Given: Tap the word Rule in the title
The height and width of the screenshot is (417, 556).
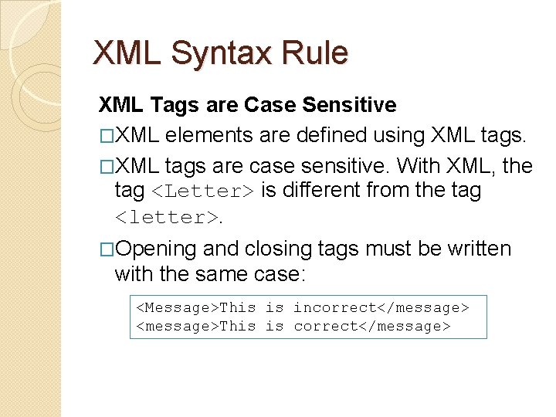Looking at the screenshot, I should coord(317,53).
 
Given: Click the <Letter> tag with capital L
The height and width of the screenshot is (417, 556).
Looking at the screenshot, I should coord(203,191).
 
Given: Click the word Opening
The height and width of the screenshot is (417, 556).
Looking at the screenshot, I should coord(158,249).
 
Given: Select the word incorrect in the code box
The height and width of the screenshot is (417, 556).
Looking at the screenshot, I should coord(334,307).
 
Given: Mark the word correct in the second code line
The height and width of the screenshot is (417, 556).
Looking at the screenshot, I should coord(325,326).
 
